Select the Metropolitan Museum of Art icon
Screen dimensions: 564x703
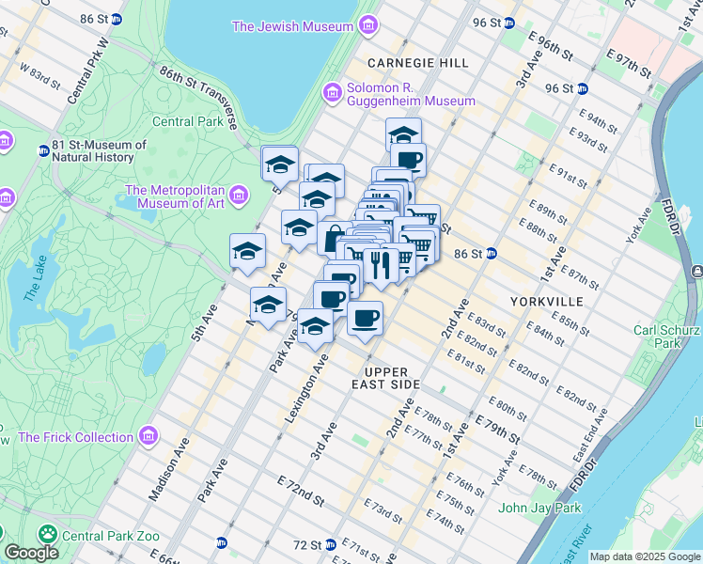238,196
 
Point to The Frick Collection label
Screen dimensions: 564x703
75,437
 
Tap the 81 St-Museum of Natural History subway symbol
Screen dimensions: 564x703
43,150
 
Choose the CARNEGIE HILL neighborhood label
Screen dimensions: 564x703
417,63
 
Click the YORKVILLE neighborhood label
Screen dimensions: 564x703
546,301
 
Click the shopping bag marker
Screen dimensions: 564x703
334,238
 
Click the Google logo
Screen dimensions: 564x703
31,554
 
